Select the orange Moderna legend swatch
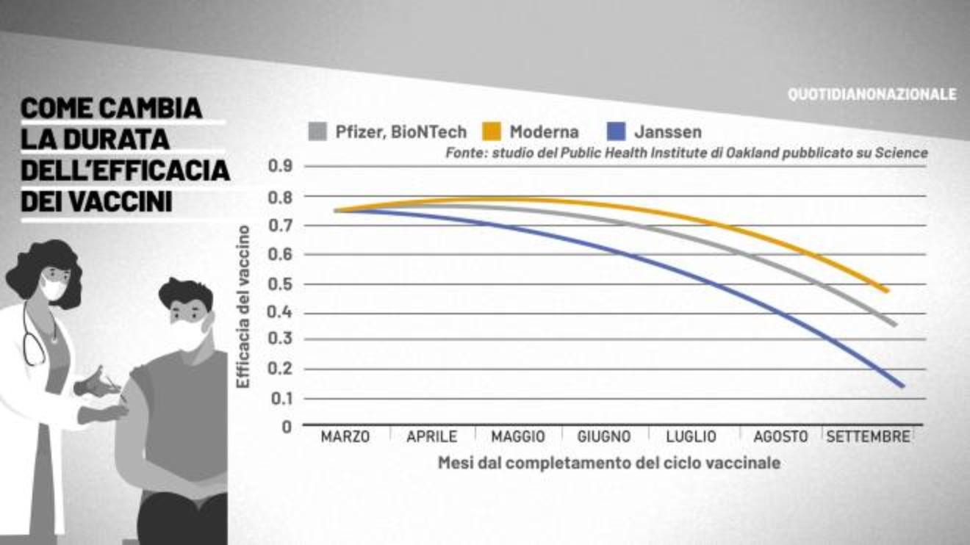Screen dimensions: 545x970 pyautogui.click(x=491, y=131)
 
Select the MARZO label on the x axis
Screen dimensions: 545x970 pyautogui.click(x=345, y=436)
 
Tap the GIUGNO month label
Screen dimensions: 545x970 pyautogui.click(x=604, y=436)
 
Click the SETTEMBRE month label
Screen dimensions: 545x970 pyautogui.click(x=868, y=436)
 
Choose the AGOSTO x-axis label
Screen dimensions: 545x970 pyautogui.click(x=780, y=436)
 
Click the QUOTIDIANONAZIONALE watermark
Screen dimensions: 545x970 pyautogui.click(x=872, y=95)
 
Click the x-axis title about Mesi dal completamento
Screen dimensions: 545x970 pyautogui.click(x=608, y=463)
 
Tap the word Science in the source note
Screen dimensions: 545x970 pyautogui.click(x=901, y=154)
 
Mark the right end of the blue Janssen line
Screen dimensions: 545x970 pyautogui.click(x=902, y=385)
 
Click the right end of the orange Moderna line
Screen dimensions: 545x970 pyautogui.click(x=887, y=291)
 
